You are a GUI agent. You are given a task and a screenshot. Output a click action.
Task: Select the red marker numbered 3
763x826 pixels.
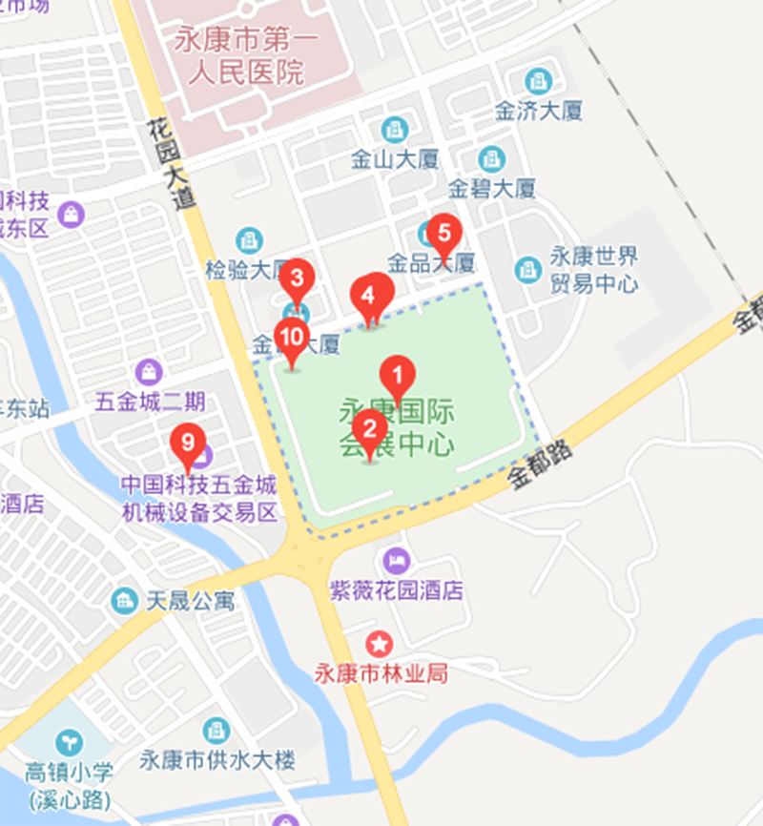click(x=297, y=279)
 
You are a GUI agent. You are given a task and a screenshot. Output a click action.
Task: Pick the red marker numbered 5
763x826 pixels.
click(x=443, y=232)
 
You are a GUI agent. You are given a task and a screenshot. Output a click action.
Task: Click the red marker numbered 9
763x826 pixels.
click(x=188, y=443)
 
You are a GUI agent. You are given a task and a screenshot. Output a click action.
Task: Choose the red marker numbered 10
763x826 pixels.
click(x=292, y=337)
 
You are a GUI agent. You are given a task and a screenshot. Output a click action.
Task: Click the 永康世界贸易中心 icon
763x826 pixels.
click(x=527, y=269)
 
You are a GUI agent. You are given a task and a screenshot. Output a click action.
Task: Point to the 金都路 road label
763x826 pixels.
click(x=540, y=465)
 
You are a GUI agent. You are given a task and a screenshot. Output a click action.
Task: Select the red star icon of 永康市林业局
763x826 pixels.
click(x=381, y=643)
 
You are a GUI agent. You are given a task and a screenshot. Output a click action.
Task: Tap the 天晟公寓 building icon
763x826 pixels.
click(x=124, y=601)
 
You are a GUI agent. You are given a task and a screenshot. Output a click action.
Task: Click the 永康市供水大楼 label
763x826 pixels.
click(x=217, y=760)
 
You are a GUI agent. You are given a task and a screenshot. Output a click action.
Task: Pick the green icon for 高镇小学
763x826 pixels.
click(x=68, y=740)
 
